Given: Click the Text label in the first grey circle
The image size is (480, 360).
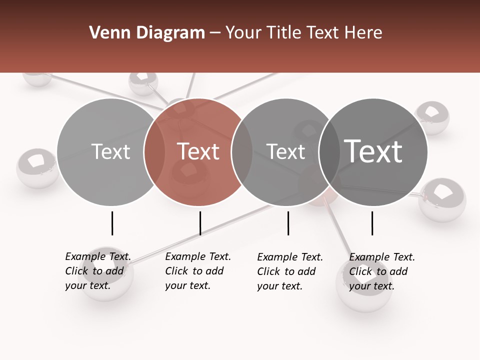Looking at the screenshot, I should click(x=110, y=151).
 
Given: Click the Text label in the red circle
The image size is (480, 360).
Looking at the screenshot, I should click(x=198, y=151).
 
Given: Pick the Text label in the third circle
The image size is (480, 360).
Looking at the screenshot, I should click(x=285, y=151).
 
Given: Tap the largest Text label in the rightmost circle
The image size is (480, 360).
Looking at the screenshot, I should click(x=373, y=151).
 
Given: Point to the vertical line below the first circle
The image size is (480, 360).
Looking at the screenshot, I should click(x=112, y=223).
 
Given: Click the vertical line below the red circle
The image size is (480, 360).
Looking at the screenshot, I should click(x=200, y=223).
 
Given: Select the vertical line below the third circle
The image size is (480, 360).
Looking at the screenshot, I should click(x=288, y=223).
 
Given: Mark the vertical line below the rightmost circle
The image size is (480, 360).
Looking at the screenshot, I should click(x=372, y=223).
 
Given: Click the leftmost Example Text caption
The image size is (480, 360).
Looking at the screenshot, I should click(x=97, y=271).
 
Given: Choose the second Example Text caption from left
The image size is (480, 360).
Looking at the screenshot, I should click(x=197, y=271).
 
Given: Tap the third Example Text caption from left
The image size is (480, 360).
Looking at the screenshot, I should click(x=289, y=271).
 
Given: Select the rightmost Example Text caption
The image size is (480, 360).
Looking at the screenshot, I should click(x=381, y=271).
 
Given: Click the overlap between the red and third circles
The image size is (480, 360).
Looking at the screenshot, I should click(x=242, y=152).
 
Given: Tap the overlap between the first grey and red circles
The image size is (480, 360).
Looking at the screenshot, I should click(x=154, y=152).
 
